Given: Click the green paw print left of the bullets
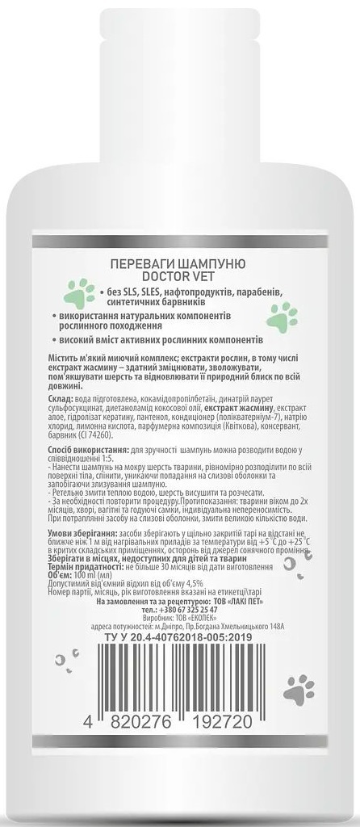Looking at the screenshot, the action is pyautogui.click(x=79, y=288).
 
